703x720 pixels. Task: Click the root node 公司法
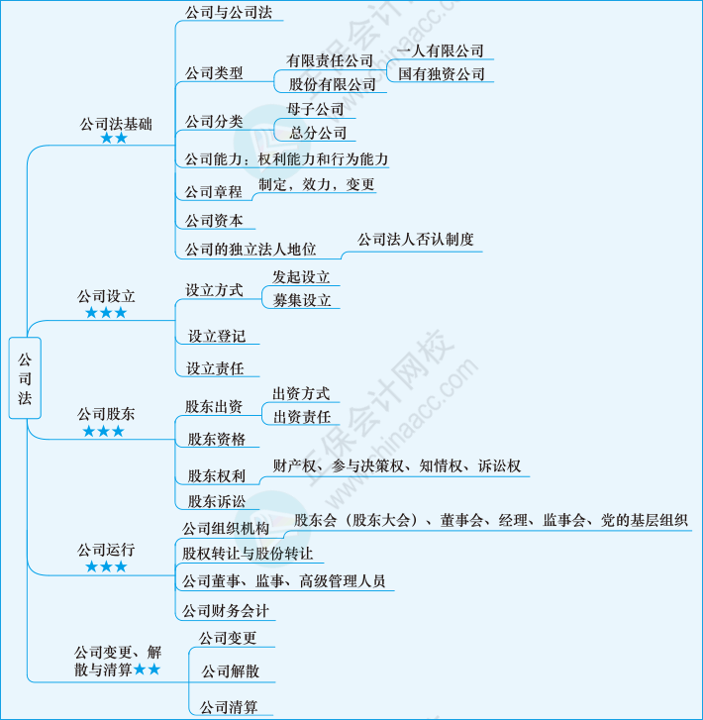pyautogui.click(x=25, y=378)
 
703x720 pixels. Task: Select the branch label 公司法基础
pyautogui.click(x=116, y=124)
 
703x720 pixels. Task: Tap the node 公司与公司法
pyautogui.click(x=229, y=13)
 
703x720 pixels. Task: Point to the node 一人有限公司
pyautogui.click(x=440, y=51)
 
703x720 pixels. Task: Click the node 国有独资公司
pyautogui.click(x=442, y=74)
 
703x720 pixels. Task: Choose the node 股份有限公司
pyautogui.click(x=332, y=84)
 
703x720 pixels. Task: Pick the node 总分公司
pyautogui.click(x=318, y=133)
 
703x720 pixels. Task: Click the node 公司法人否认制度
pyautogui.click(x=416, y=240)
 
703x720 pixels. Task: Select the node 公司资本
pyautogui.click(x=214, y=221)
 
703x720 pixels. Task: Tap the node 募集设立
pyautogui.click(x=302, y=300)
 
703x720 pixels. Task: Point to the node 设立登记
pyautogui.click(x=217, y=336)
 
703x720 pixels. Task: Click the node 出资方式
pyautogui.click(x=301, y=393)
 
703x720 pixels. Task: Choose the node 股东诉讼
pyautogui.click(x=217, y=501)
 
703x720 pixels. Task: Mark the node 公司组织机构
pyautogui.click(x=226, y=529)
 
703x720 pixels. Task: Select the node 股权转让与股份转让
pyautogui.click(x=248, y=554)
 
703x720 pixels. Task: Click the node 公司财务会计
pyautogui.click(x=226, y=611)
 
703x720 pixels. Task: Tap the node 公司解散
pyautogui.click(x=231, y=671)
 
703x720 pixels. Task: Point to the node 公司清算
pyautogui.click(x=229, y=707)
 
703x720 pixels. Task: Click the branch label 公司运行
pyautogui.click(x=106, y=550)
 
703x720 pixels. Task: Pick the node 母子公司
pyautogui.click(x=316, y=109)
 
